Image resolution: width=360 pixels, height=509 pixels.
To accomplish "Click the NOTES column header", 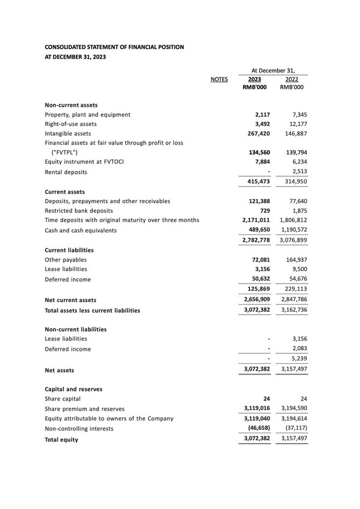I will pos(219,79).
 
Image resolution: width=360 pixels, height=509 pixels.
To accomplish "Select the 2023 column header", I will pos(254,79).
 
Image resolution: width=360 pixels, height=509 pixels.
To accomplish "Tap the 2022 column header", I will pos(292,79).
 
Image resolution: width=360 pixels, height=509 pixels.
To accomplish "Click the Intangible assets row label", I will pos(68,134).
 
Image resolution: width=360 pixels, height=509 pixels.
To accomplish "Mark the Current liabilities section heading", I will pos(69,250).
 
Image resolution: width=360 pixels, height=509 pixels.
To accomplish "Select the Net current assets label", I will pos(70,300).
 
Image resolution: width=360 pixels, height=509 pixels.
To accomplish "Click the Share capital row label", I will pos(62,399).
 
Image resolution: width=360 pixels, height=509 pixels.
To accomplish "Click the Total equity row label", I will pos(61,439).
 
